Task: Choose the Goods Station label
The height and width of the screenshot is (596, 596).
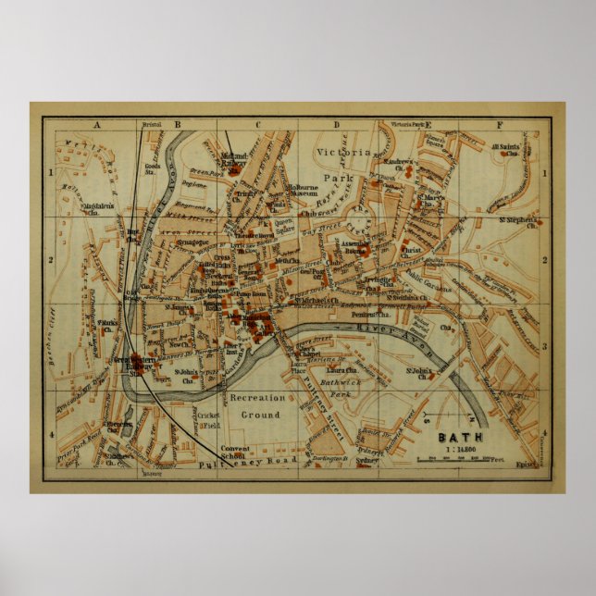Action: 154,168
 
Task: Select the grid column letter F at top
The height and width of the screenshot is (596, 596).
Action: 500,125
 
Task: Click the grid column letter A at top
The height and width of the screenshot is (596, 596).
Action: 95,125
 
